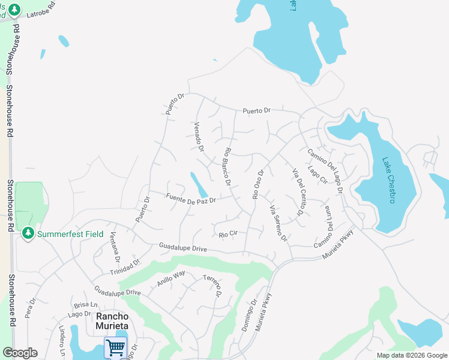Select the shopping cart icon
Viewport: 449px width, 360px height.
115,347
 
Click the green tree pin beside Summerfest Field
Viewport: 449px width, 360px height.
28,233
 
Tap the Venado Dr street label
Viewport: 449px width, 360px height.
199,137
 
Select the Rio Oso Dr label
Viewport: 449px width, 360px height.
258,184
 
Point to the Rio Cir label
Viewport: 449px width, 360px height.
229,234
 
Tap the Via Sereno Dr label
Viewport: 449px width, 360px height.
279,224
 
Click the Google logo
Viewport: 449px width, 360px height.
20,353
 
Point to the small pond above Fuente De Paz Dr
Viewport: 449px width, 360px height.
199,184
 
